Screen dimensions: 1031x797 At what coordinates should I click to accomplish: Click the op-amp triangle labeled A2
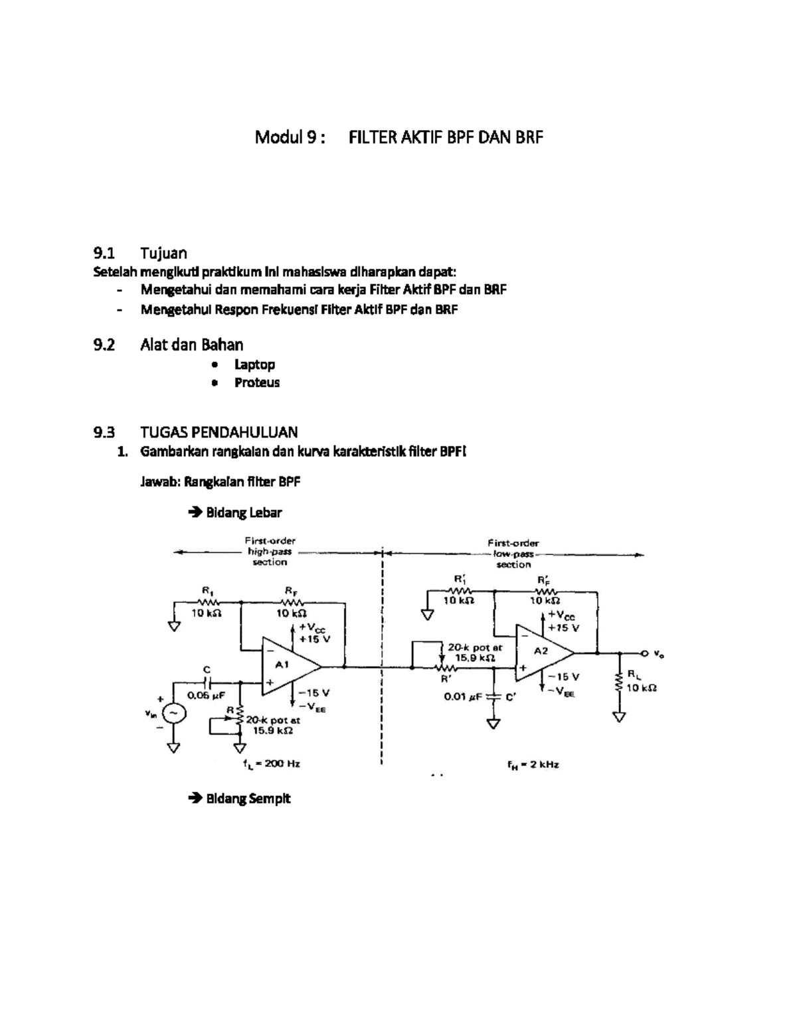point(541,653)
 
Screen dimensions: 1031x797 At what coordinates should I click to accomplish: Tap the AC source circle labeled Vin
point(174,712)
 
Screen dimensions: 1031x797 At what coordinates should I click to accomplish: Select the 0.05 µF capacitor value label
point(207,695)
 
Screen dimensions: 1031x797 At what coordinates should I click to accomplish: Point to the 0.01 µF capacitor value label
point(462,696)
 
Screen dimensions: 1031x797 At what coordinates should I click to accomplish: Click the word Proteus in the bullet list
point(256,382)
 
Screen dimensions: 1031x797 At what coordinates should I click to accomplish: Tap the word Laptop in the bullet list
point(254,364)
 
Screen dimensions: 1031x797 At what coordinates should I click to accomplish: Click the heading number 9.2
point(104,345)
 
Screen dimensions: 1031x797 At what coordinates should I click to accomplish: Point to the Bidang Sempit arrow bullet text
point(248,798)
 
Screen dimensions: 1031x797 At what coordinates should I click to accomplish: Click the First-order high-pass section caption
point(270,551)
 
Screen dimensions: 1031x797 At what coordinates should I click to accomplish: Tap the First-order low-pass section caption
point(513,553)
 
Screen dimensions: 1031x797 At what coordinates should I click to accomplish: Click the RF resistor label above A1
point(291,590)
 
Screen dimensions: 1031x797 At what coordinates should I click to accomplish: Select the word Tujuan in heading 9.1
point(163,253)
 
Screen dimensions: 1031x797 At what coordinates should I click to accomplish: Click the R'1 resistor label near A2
point(460,578)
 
